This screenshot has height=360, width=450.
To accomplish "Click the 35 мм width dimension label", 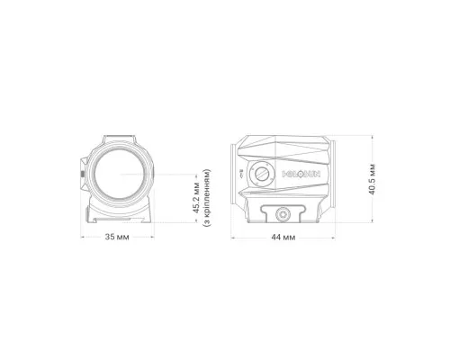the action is pyautogui.click(x=117, y=237).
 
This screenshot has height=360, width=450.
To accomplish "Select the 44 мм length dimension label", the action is pyautogui.click(x=283, y=238).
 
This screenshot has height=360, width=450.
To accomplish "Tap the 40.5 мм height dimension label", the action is pyautogui.click(x=373, y=179).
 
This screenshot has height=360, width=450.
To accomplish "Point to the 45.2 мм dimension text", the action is pyautogui.click(x=196, y=198).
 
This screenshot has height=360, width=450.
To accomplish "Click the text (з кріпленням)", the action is pyautogui.click(x=207, y=198).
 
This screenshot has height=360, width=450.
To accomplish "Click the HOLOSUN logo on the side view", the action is pyautogui.click(x=301, y=174).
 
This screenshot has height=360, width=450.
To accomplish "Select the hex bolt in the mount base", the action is pyautogui.click(x=283, y=214).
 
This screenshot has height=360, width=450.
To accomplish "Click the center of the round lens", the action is pyautogui.click(x=120, y=174).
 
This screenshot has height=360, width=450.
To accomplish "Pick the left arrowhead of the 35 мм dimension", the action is pyautogui.click(x=82, y=237).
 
